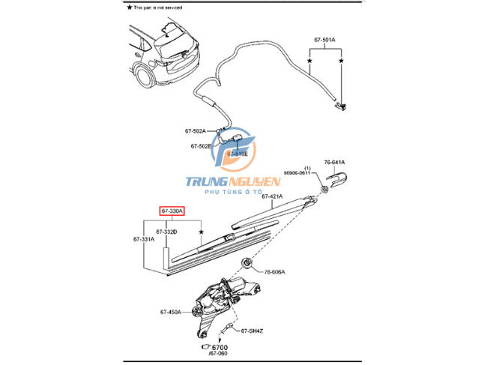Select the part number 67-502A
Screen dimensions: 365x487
[196, 131]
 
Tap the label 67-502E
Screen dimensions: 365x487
[201, 146]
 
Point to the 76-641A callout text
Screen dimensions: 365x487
[335, 162]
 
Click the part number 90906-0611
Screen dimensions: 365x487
[296, 173]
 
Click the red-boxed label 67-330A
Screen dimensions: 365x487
[172, 212]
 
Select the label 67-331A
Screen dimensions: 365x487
[143, 239]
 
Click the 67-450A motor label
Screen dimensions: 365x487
[170, 312]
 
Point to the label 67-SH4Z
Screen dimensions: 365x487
[253, 329]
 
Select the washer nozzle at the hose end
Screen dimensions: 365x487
[341, 104]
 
